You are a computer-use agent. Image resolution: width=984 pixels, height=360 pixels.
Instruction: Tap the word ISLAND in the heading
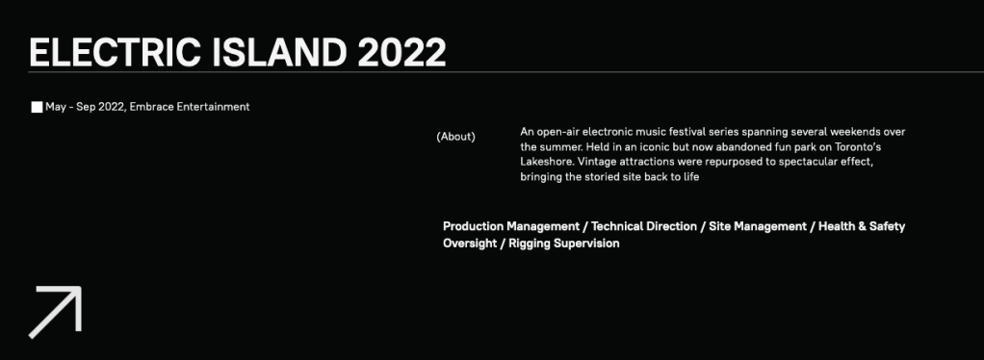[279, 52]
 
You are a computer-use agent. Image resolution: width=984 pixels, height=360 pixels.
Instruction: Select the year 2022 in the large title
[402, 52]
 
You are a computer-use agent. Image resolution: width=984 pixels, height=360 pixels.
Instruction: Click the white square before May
[37, 107]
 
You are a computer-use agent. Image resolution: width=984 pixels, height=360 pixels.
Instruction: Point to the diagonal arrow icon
[55, 312]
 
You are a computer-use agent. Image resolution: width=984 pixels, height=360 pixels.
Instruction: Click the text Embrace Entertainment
[190, 107]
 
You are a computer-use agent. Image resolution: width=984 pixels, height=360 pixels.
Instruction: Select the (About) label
[455, 136]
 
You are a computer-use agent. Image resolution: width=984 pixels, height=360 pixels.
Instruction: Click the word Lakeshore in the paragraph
[547, 162]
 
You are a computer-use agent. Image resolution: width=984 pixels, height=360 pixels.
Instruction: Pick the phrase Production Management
[511, 226]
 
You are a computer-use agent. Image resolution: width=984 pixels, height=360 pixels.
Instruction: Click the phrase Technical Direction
[644, 226]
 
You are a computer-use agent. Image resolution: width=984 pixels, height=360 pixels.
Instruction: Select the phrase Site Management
[758, 226]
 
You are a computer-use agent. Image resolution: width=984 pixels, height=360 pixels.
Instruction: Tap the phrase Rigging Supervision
[563, 244]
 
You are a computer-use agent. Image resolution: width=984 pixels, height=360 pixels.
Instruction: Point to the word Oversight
[470, 244]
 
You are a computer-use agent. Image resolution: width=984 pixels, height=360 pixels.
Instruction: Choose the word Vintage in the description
[597, 162]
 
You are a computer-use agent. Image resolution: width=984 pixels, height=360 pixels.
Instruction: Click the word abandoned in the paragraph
[742, 146]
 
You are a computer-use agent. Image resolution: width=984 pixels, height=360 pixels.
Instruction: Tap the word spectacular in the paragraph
[812, 162]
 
